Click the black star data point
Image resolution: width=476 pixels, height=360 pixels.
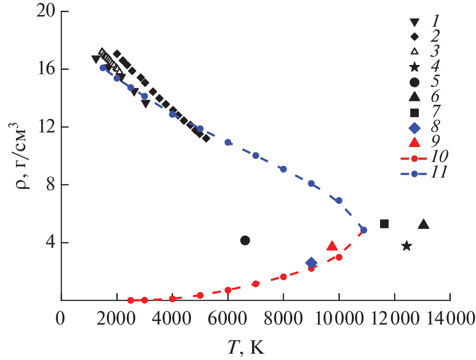click(407, 246)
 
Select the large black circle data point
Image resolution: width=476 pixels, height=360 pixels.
click(245, 240)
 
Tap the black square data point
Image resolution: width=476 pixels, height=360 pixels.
click(384, 224)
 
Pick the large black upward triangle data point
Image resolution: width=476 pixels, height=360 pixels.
click(424, 224)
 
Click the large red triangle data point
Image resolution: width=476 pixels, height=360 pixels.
click(332, 246)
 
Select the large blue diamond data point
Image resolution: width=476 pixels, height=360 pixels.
click(311, 263)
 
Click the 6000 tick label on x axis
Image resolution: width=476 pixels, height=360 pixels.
click(228, 319)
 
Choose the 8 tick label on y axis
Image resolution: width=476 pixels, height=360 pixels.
click(50, 185)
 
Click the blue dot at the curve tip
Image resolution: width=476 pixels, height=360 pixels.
click(364, 230)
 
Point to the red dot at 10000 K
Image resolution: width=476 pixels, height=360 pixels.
click(339, 257)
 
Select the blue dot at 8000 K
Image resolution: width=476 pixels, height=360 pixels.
click(284, 169)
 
